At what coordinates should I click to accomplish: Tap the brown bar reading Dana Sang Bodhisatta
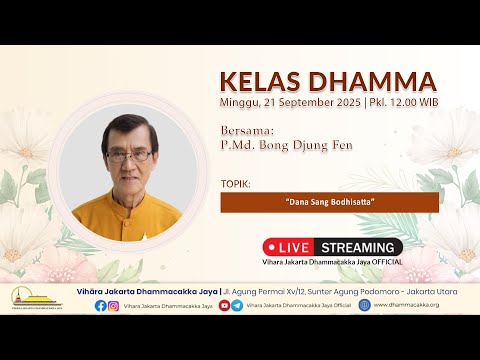[329, 202]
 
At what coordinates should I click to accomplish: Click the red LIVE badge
[290, 246]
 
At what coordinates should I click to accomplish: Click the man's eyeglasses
[126, 156]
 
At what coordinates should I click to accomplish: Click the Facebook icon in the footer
[101, 305]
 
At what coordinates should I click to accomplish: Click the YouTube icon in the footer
[225, 305]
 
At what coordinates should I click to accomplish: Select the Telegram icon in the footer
[237, 305]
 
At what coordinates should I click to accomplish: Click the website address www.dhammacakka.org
[406, 305]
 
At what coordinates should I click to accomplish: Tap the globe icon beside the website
[364, 305]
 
